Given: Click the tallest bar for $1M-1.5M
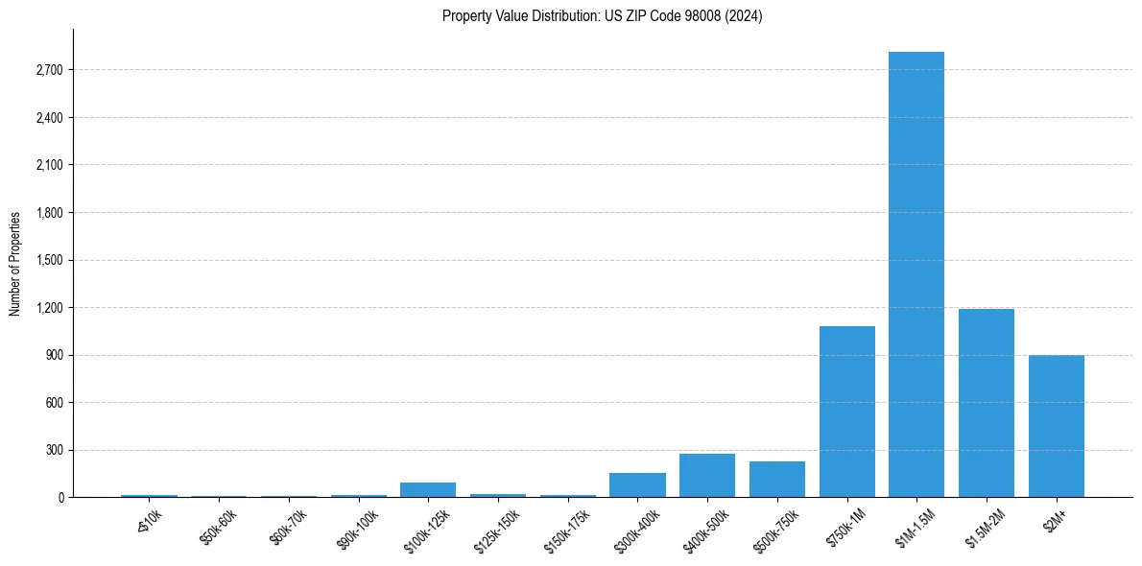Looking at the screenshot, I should (x=916, y=274).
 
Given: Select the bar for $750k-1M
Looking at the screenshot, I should (x=846, y=412).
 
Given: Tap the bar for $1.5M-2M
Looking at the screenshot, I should (x=987, y=403).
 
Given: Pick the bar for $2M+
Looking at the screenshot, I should (x=1056, y=426).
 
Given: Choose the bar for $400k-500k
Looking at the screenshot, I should (x=707, y=476).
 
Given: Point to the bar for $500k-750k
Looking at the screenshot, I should (x=777, y=480).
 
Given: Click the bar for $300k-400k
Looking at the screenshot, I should (x=637, y=485).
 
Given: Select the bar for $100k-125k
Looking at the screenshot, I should (x=428, y=490).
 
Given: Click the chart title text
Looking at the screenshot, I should (x=603, y=16).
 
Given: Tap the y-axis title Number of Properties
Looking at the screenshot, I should (x=15, y=264).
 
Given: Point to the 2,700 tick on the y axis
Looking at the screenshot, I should (x=48, y=70).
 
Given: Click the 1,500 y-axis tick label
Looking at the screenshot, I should (x=48, y=260).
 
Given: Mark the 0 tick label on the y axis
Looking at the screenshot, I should (x=59, y=498).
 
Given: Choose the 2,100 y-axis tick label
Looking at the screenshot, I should (x=48, y=165).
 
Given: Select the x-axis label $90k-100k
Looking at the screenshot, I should (x=360, y=529).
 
